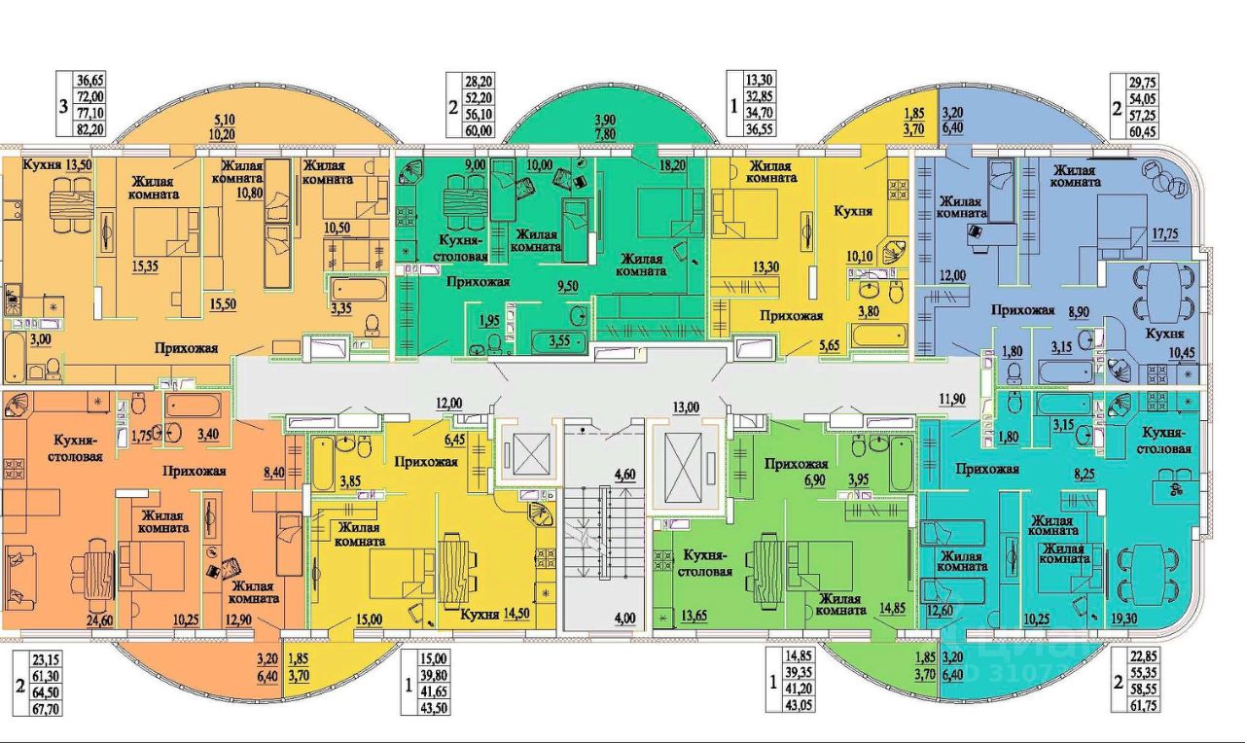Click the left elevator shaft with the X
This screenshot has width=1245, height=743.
click(x=526, y=451)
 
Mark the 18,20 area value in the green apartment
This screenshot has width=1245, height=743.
click(x=675, y=165)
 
